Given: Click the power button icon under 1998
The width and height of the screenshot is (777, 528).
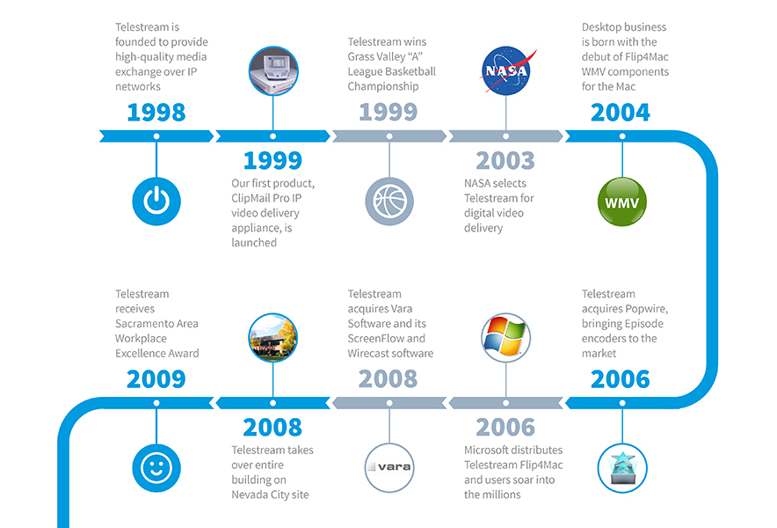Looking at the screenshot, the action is click(156, 201).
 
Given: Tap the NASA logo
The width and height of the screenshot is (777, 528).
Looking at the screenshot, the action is click(506, 70).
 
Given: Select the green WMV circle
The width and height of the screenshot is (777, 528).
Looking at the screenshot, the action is click(622, 202).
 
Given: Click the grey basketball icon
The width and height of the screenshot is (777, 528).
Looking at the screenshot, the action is click(389, 201).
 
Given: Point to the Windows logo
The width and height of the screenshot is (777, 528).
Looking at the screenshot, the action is click(506, 337).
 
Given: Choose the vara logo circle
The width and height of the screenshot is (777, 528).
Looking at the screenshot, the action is click(389, 467).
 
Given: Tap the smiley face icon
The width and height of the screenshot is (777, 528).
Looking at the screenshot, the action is click(156, 468).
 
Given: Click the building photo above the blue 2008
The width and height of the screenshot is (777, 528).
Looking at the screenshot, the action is click(273, 337).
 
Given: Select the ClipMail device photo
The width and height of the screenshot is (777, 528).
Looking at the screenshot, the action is click(273, 70).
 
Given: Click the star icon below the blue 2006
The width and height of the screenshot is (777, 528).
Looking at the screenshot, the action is click(622, 468).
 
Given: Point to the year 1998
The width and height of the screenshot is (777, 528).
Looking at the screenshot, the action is click(156, 112).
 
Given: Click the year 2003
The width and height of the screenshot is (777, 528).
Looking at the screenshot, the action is click(505, 161).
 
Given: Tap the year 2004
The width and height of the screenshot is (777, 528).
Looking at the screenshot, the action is click(621, 112).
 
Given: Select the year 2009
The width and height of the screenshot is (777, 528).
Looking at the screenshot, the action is click(156, 379).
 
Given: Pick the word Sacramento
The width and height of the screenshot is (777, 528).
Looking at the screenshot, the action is click(156, 324).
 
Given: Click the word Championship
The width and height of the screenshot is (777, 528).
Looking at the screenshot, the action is click(383, 86).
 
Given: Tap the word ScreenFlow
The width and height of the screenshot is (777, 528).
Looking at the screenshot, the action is click(375, 339).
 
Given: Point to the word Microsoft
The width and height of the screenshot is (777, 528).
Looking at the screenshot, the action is click(487, 450).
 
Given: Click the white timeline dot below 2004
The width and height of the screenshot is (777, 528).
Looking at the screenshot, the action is click(622, 136).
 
